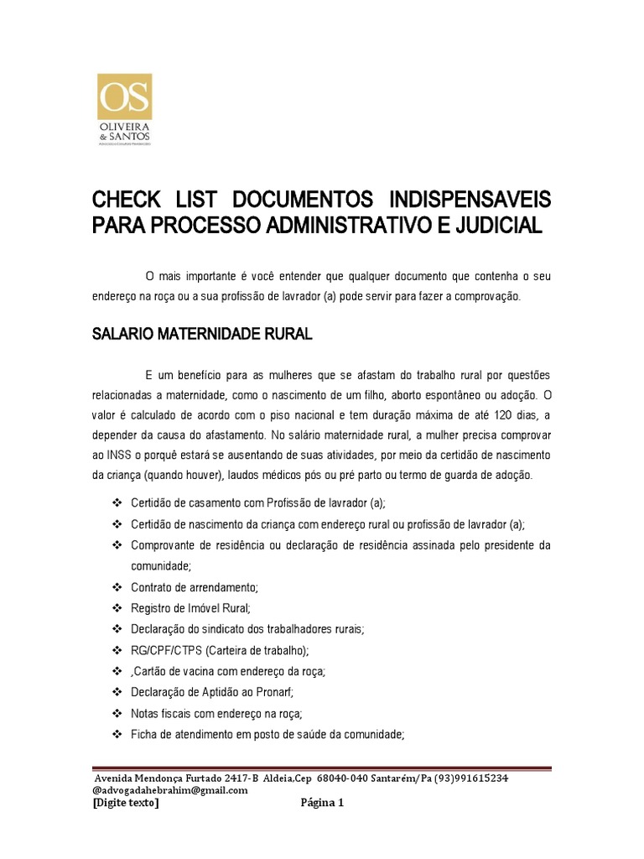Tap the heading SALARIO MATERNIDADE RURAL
[201, 335]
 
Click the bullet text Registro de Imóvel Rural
[191, 607]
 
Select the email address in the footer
[170, 789]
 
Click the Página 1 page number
[322, 803]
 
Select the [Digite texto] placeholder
[125, 803]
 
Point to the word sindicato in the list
[215, 629]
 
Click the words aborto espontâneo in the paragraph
[434, 394]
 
